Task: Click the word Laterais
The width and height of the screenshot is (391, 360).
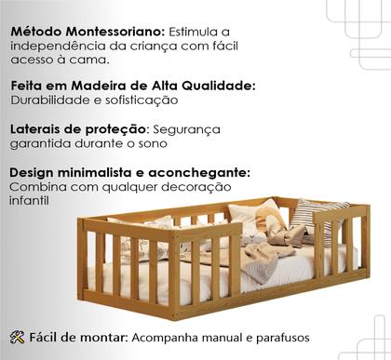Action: (x=37, y=129)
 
